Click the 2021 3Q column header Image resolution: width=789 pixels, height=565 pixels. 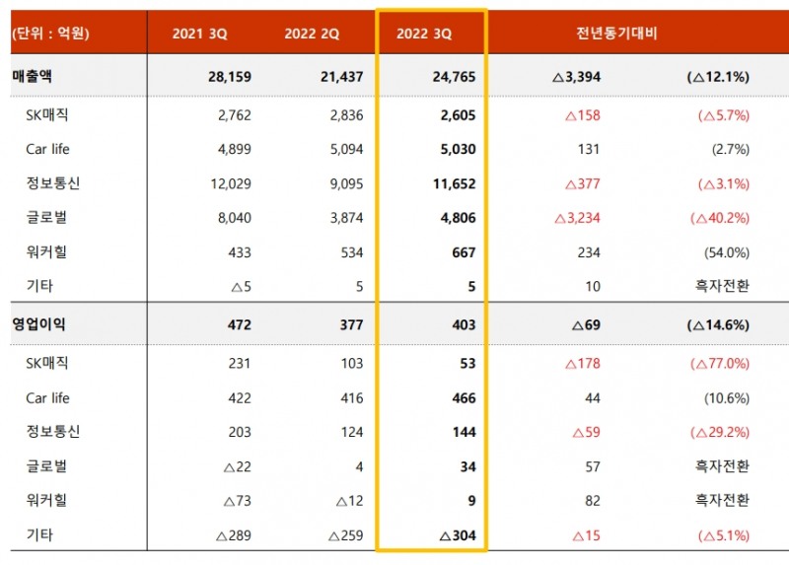pos(200,34)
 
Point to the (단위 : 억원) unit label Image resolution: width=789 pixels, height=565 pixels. pos(50,34)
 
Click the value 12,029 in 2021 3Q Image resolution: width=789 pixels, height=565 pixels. pos(228,183)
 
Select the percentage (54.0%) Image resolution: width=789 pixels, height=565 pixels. pos(725,252)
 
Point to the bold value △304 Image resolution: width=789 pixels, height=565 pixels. pos(456,535)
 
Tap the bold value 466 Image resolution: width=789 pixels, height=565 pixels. pos(464,398)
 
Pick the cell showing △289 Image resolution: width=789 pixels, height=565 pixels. pos(233,535)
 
